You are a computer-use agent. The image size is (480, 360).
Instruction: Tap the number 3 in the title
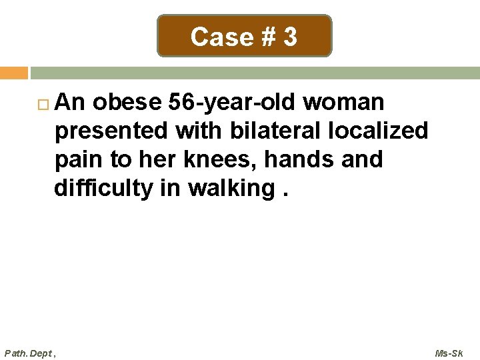point(290,37)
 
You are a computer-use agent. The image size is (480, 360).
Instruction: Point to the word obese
point(127,102)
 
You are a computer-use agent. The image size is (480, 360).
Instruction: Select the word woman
point(345,102)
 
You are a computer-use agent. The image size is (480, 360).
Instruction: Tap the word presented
point(111,131)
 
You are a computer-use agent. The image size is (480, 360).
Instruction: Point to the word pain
point(78,160)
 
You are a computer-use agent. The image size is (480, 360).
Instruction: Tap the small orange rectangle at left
point(13,73)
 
